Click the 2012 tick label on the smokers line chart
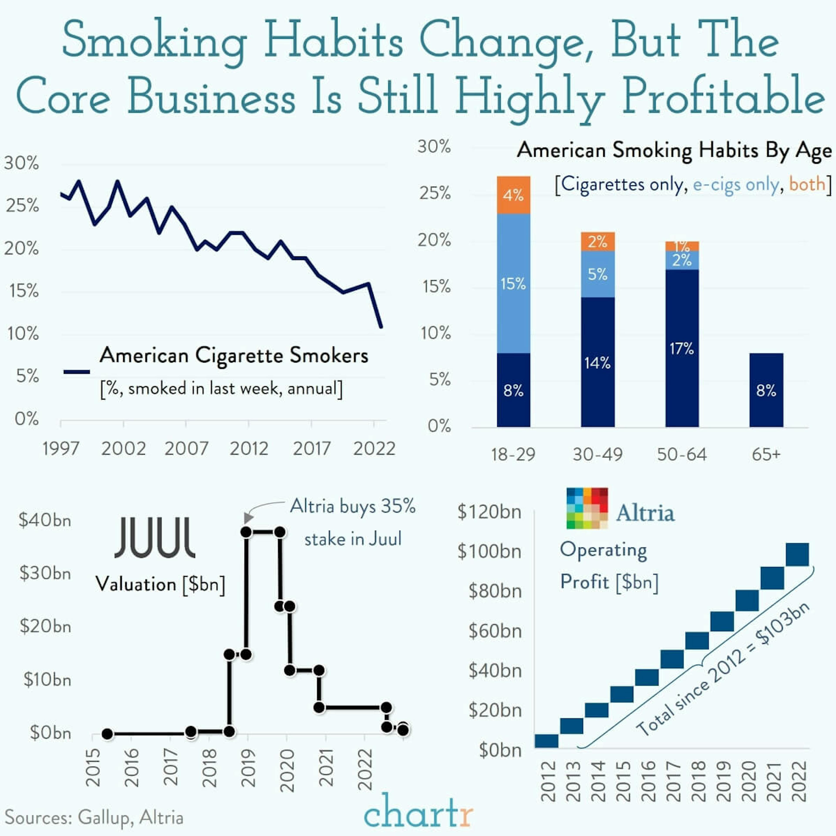(249, 449)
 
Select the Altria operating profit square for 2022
(797, 554)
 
